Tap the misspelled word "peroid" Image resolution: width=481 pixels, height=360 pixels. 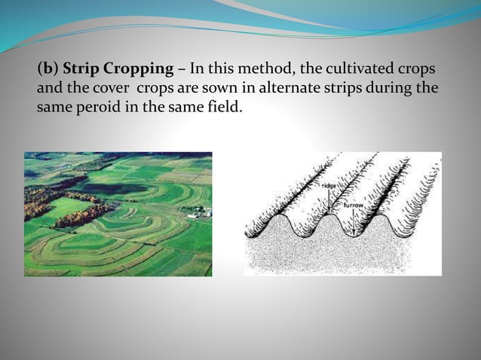(x=112, y=106)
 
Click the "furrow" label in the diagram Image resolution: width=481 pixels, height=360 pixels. (x=354, y=204)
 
